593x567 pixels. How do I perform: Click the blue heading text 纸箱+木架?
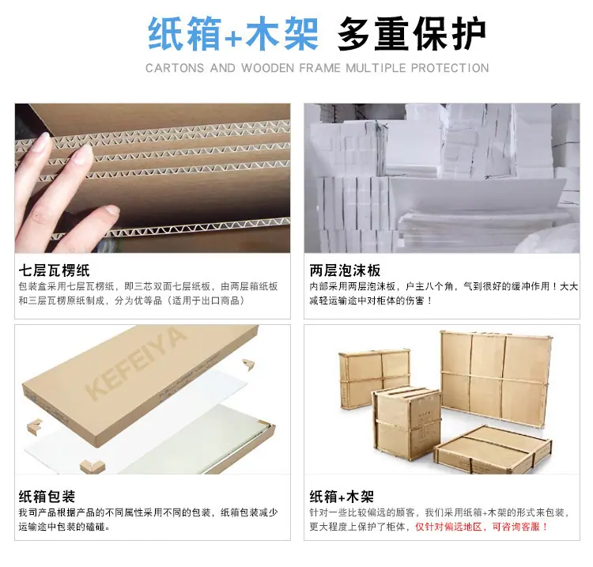click(x=233, y=33)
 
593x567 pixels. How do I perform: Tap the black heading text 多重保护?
click(x=412, y=33)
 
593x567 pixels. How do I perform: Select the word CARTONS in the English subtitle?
click(x=175, y=68)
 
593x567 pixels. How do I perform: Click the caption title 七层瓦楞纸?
click(x=54, y=270)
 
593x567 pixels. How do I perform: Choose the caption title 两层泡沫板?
click(x=345, y=270)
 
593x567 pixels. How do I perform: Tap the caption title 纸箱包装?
click(x=47, y=497)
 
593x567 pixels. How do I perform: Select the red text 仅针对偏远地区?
click(x=449, y=527)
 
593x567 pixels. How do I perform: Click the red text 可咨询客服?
click(x=516, y=527)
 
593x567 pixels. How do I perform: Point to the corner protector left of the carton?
click(x=35, y=426)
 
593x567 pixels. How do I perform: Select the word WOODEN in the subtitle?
click(x=267, y=68)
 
